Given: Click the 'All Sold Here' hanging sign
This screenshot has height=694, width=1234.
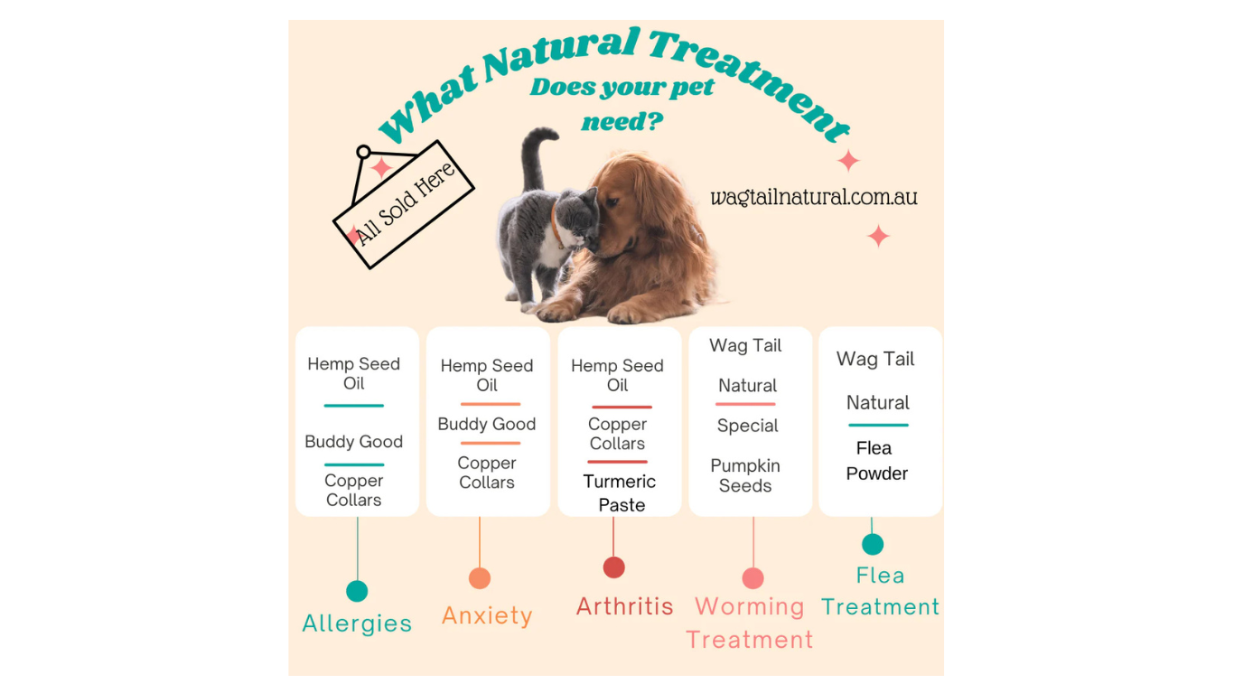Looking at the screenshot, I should point(404,204).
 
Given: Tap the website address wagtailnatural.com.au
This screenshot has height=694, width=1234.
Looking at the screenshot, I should point(813,196).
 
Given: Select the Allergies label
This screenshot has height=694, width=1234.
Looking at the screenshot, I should point(357,624).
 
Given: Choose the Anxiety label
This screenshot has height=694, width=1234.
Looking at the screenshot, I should point(487,615).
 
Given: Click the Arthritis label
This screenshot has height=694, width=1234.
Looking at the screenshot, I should point(625,605).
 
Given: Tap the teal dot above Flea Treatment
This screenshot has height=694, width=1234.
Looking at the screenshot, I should point(873,544).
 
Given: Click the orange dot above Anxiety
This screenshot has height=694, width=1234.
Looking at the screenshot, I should point(480,578).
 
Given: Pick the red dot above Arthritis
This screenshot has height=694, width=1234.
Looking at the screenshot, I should point(614,567).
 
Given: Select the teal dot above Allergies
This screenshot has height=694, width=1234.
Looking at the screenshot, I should point(357,591).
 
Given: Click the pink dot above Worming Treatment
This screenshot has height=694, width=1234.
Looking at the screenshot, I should point(753,578).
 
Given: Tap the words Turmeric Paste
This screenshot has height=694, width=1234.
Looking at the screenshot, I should point(621,492).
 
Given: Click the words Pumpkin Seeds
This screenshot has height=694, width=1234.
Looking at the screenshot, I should point(745,475).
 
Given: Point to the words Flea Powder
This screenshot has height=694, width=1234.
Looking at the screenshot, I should point(876,460).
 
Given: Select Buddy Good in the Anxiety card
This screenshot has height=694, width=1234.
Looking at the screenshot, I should point(487,424).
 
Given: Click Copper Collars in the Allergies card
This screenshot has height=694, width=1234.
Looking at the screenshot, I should point(354,490).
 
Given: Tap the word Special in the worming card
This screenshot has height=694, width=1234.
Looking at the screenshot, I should point(748,426).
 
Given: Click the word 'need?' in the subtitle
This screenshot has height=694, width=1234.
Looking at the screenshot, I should point(622,121).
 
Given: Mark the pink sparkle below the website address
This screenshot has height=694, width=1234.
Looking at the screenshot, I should point(878,237).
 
